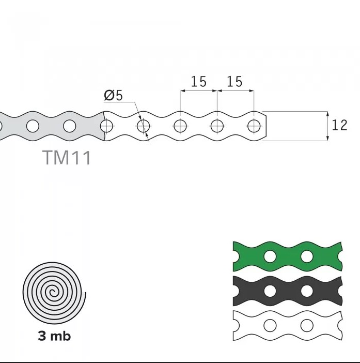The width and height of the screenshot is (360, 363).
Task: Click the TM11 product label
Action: pos(67,158)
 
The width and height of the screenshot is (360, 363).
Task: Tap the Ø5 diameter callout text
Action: pos(113,95)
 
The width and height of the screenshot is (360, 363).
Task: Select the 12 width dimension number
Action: pos(339,125)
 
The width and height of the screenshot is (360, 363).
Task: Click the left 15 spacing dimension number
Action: pos(199,82)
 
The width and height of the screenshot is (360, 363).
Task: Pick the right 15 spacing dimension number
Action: pos(234,82)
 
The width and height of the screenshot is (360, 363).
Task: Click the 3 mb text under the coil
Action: pos(54,336)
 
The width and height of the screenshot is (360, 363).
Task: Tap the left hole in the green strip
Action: pos(270,256)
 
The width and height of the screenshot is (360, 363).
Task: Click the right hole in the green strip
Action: pos(307,256)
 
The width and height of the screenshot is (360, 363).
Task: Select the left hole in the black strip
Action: pos(270,291)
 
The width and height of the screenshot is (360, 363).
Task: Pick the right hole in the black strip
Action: pos(307,291)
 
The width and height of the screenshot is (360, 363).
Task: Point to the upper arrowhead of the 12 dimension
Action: pos(327,114)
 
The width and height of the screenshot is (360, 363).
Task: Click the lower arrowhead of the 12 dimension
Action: pos(327,138)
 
